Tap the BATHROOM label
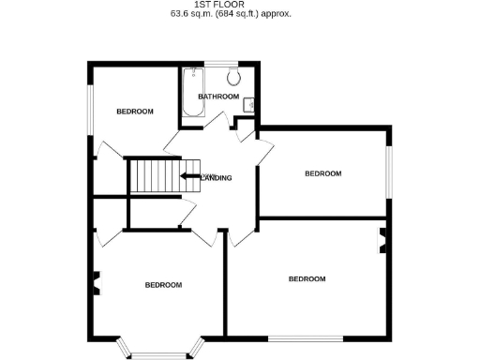coord(218,97)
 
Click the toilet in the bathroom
coord(233,78)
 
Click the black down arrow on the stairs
coord(190,175)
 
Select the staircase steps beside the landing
coord(151,175)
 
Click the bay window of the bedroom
coord(158,352)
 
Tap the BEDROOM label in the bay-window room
coord(162,285)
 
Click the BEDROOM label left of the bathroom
coord(134,112)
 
